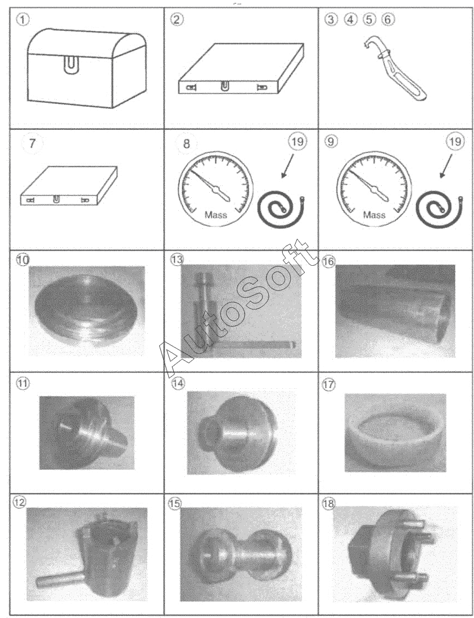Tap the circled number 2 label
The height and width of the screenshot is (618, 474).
(176, 19)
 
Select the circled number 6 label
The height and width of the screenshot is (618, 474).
(387, 19)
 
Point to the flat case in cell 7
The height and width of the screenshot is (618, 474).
(69, 185)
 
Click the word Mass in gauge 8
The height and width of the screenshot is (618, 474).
(216, 215)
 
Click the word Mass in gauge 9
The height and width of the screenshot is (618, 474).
(374, 215)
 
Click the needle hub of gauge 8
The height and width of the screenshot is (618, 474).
(216, 191)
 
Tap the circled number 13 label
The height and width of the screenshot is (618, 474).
(176, 260)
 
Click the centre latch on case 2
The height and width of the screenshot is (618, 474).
(224, 86)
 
